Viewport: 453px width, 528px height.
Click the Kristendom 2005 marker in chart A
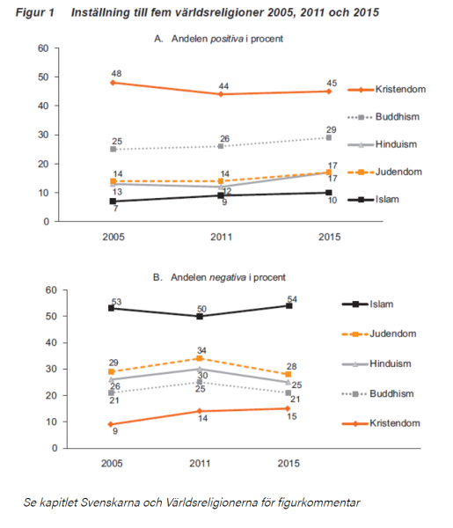click(113, 83)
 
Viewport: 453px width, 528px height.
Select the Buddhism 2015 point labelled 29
click(329, 138)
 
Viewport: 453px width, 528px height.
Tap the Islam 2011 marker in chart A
click(221, 195)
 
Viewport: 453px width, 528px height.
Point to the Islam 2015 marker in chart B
click(289, 305)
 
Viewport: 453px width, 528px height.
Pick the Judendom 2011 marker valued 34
click(200, 358)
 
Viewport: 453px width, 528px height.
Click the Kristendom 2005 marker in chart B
click(111, 425)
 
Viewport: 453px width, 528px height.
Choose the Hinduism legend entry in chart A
click(383, 144)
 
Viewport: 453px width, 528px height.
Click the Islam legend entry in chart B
click(368, 304)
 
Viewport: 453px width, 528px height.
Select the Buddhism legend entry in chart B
click(377, 393)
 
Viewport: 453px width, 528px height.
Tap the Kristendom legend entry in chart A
click(387, 89)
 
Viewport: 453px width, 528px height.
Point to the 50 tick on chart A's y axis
click(43, 77)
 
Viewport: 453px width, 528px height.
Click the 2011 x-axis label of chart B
click(200, 464)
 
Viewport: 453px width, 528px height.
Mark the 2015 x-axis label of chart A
click(330, 237)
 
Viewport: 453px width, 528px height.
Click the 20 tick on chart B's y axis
click(52, 395)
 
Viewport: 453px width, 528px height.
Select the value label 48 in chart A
click(116, 73)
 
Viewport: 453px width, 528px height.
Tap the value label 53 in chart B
click(116, 302)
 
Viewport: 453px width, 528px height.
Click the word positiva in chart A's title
click(227, 39)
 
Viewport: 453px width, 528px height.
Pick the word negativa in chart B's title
click(228, 277)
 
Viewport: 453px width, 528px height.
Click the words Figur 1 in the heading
click(35, 12)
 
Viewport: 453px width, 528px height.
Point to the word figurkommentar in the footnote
click(318, 502)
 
